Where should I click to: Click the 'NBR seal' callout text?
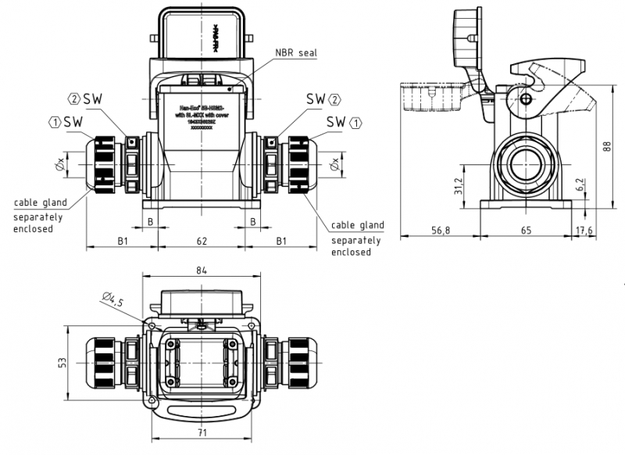[296, 53]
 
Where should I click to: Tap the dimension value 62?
[202, 241]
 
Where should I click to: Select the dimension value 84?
[202, 270]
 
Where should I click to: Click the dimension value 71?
[202, 431]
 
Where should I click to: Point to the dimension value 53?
[63, 362]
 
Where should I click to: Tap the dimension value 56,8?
[441, 231]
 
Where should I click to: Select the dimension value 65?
[526, 231]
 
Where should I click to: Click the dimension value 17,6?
[584, 231]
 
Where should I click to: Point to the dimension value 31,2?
[459, 185]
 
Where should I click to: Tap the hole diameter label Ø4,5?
[112, 299]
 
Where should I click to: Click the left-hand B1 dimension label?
[123, 241]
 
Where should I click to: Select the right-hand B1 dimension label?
[279, 241]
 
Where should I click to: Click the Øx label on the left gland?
[59, 165]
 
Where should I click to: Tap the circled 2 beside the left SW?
[74, 99]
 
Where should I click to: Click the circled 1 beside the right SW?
[356, 122]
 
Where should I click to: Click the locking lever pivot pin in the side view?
[524, 99]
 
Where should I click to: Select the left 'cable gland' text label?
[40, 203]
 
